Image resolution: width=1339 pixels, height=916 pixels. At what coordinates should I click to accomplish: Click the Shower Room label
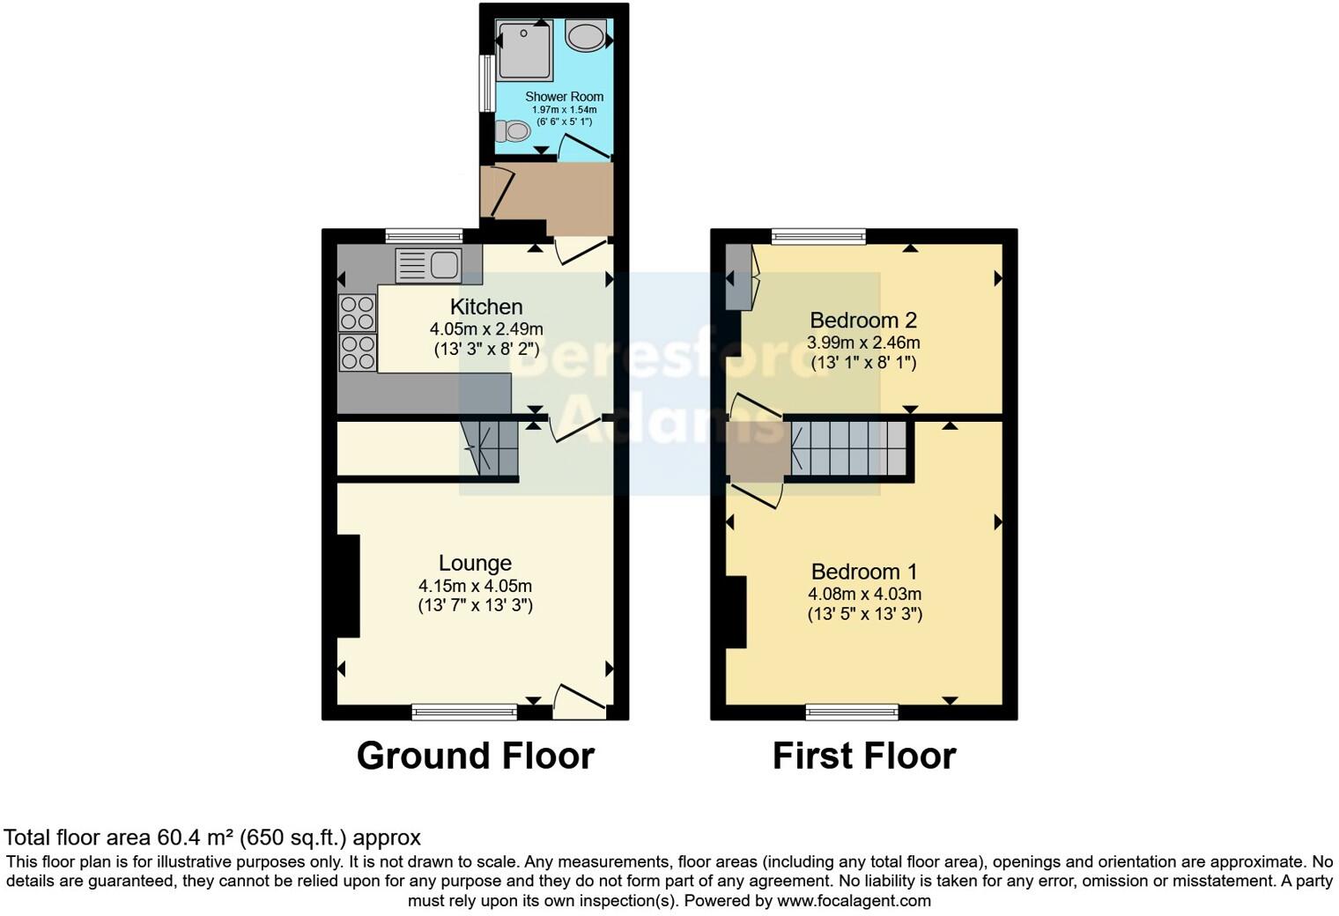[x=564, y=97]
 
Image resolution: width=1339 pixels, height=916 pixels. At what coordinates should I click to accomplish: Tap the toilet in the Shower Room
[x=513, y=132]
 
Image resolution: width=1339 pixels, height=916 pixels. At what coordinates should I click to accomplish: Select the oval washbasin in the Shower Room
[x=585, y=37]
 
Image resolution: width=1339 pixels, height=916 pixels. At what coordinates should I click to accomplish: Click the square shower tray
[x=526, y=51]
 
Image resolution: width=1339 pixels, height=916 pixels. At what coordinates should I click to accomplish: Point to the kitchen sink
[x=428, y=264]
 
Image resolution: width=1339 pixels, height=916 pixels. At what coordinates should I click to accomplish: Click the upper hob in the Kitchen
[x=358, y=313]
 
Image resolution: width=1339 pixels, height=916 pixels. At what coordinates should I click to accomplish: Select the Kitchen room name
[x=486, y=307]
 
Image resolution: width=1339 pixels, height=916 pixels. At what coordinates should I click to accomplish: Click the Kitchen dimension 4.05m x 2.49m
[x=486, y=329]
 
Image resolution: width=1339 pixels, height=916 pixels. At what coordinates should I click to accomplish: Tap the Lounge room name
[x=475, y=563]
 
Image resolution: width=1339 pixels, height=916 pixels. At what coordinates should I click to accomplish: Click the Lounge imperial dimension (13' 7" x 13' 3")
[x=475, y=605]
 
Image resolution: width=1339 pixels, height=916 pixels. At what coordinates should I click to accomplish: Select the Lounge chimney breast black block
[x=349, y=586]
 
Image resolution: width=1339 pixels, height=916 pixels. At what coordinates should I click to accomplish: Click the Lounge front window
[x=465, y=712]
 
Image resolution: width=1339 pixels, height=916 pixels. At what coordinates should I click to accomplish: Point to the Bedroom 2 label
[x=863, y=320]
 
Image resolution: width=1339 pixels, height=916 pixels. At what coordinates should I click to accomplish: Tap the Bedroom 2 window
[x=818, y=236]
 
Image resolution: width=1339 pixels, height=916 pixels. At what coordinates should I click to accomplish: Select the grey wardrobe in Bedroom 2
[x=737, y=277]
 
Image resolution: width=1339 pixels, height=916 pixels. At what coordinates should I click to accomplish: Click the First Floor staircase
[x=848, y=449]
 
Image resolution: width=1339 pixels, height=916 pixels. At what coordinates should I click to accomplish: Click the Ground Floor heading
[x=475, y=756]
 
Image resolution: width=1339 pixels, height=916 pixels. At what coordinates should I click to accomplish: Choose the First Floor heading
[x=863, y=756]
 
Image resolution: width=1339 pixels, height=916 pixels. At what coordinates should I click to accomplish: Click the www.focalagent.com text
[x=854, y=901]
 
